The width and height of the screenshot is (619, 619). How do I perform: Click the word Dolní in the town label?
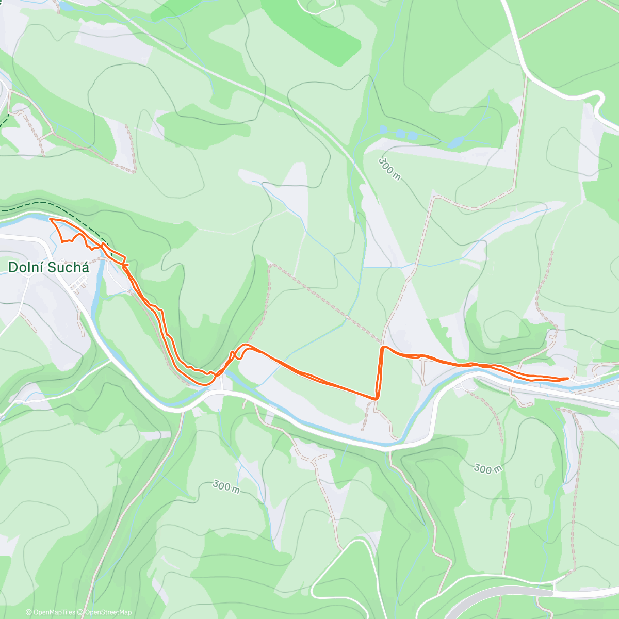click(x=25, y=267)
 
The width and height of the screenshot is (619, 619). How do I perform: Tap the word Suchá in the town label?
click(x=68, y=267)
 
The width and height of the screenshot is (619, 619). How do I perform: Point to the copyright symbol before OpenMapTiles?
click(x=28, y=612)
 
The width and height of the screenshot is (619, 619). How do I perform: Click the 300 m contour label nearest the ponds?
click(x=389, y=169)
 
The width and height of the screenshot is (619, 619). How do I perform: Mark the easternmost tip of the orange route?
click(x=568, y=378)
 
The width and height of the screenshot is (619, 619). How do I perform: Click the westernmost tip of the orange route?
click(x=50, y=219)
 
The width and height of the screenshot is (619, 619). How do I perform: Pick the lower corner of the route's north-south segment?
click(x=377, y=398)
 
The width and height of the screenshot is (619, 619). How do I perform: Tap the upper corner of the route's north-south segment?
click(x=382, y=348)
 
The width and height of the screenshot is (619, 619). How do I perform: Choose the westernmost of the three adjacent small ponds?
click(x=383, y=129)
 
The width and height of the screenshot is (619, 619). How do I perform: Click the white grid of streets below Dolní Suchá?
click(x=78, y=282)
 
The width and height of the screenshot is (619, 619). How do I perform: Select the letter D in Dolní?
click(x=12, y=267)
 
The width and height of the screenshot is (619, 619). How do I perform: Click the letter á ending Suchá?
click(x=85, y=267)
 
